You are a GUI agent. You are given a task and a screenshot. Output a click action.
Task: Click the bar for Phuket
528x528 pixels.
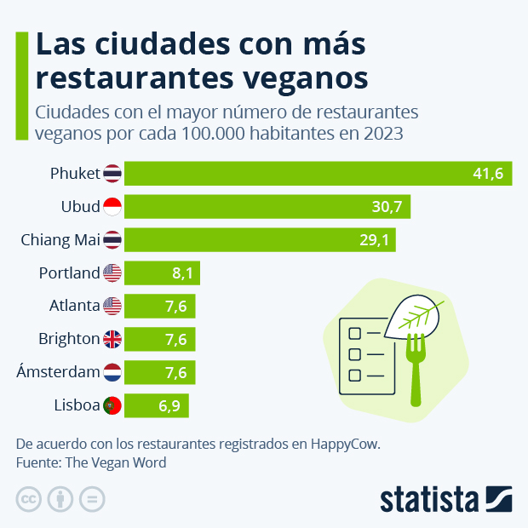point(318,174)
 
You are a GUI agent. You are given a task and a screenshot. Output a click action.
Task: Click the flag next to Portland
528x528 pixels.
point(112,273)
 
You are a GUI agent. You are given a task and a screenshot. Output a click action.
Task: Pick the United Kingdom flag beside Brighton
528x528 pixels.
point(112,339)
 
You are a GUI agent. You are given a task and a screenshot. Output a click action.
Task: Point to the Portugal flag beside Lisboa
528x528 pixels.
point(112,405)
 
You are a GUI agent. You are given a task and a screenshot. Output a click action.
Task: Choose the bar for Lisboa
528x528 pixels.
point(157,405)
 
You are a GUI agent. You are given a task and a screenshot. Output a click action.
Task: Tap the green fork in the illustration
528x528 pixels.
point(416,366)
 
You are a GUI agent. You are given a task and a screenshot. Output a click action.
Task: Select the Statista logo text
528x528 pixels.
point(429,499)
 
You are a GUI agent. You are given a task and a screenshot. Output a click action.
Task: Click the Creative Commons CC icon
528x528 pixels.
point(29,499)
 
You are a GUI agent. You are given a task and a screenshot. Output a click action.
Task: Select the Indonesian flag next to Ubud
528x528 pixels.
point(112,207)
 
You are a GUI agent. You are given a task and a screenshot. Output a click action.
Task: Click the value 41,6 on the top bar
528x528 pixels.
point(488,174)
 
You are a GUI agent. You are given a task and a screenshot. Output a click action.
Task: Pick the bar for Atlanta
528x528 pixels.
point(160,306)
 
